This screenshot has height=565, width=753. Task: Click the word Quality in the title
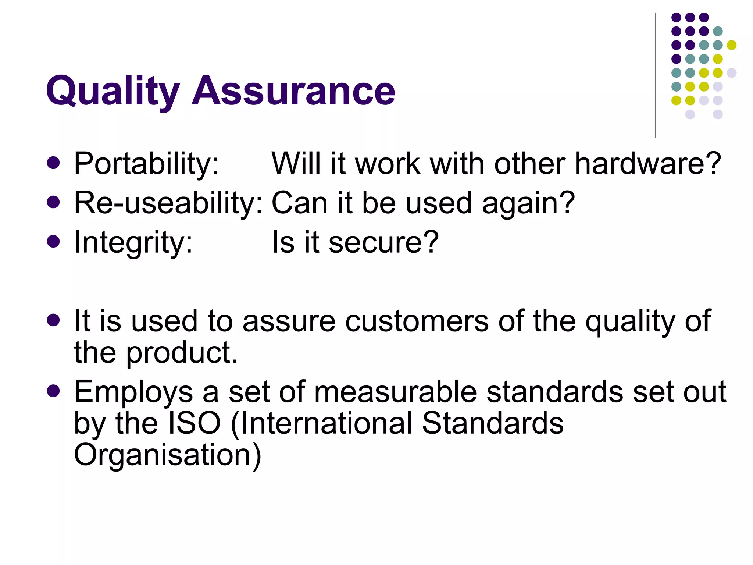click(x=113, y=91)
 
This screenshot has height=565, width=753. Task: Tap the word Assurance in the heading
click(x=293, y=91)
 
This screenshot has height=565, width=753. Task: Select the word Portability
click(x=146, y=164)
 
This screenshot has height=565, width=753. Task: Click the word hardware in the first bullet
click(x=647, y=164)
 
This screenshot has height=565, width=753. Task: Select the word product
click(x=182, y=352)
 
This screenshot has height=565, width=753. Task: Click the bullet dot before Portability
click(x=54, y=163)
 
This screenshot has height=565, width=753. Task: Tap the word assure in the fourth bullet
click(x=289, y=321)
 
